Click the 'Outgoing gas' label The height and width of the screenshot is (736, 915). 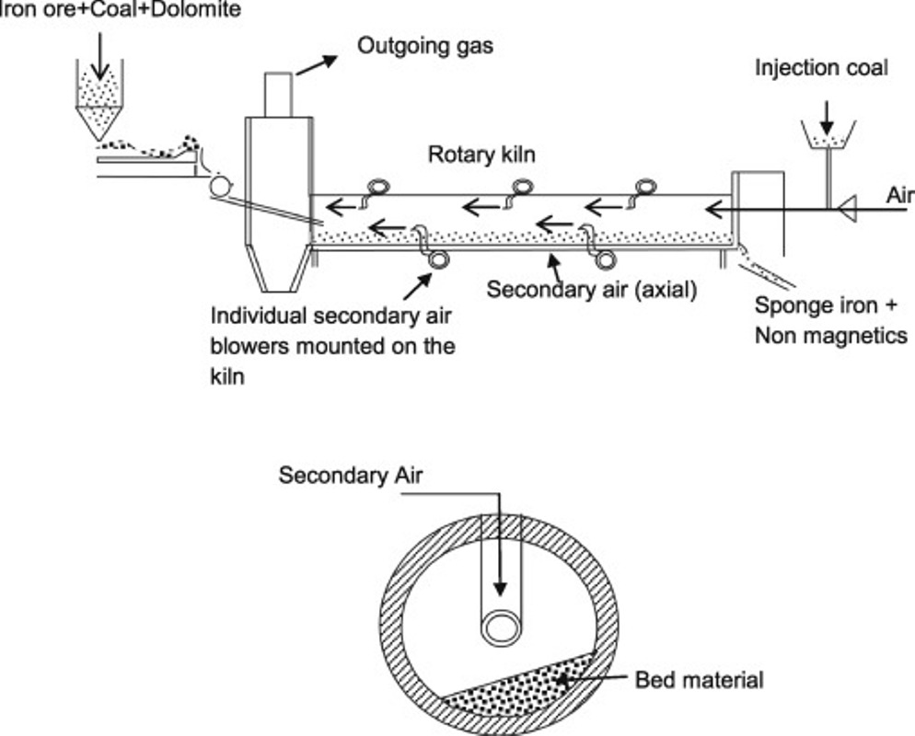pos(424,45)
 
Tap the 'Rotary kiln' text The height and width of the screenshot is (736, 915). pos(481,155)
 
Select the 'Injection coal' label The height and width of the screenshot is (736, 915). pos(821,67)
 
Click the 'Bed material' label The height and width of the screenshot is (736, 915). pos(700,681)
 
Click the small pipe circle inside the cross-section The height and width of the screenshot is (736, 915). pos(502,628)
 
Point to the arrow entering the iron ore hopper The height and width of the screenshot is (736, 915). pos(99,57)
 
